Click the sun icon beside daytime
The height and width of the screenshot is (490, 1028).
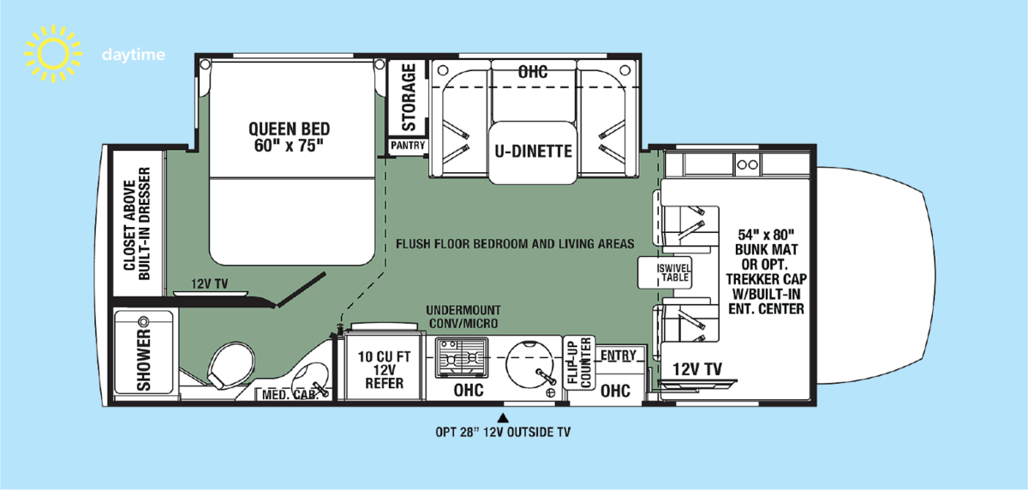pyautogui.click(x=52, y=55)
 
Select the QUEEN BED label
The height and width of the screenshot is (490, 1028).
pyautogui.click(x=290, y=136)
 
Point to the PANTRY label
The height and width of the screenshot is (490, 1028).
pyautogui.click(x=408, y=146)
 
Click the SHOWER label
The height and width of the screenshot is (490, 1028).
pyautogui.click(x=143, y=356)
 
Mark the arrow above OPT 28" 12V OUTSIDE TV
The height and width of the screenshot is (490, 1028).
pyautogui.click(x=504, y=417)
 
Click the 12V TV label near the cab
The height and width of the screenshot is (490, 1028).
pyautogui.click(x=697, y=369)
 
